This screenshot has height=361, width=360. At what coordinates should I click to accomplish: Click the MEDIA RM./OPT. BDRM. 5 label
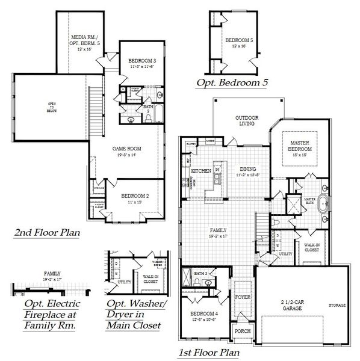tap(85, 42)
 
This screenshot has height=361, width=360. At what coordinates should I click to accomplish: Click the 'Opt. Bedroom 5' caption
tap(232, 82)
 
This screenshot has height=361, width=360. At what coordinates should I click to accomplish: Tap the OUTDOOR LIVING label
tap(247, 120)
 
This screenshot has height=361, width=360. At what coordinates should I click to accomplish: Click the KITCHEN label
tap(201, 171)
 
